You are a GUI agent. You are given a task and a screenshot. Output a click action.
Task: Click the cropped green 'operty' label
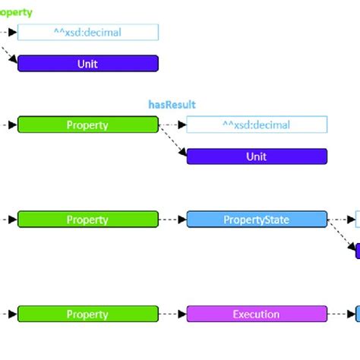pyautogui.click(x=16, y=12)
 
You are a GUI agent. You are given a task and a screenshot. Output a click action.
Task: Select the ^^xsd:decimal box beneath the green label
pyautogui.click(x=88, y=32)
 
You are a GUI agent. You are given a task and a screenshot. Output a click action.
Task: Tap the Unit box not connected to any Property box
pyautogui.click(x=88, y=64)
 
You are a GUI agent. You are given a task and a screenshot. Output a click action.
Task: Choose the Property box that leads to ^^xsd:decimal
pyautogui.click(x=88, y=125)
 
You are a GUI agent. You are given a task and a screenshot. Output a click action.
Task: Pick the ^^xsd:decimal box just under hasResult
pyautogui.click(x=257, y=125)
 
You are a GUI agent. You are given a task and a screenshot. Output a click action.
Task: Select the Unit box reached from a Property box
pyautogui.click(x=257, y=156)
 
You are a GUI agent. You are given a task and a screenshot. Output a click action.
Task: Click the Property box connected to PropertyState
pyautogui.click(x=88, y=219)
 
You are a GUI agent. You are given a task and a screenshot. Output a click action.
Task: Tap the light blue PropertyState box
pyautogui.click(x=257, y=219)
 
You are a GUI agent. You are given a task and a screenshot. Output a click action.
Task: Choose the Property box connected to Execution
pyautogui.click(x=88, y=314)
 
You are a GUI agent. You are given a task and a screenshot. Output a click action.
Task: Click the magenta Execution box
pyautogui.click(x=257, y=314)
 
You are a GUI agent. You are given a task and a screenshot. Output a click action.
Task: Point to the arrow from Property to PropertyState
pyautogui.click(x=172, y=219)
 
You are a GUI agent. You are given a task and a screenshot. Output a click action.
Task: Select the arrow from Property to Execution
pyautogui.click(x=172, y=314)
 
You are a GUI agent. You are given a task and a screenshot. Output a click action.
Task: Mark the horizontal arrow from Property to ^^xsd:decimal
pyautogui.click(x=172, y=125)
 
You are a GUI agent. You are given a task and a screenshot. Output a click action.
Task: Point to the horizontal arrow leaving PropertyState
pyautogui.click(x=342, y=219)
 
